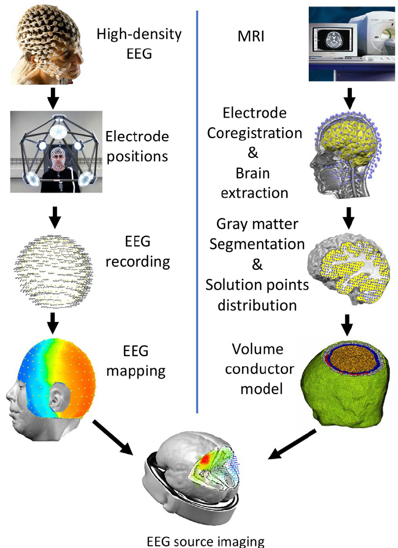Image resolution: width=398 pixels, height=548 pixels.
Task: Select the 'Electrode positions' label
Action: coord(137,146)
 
